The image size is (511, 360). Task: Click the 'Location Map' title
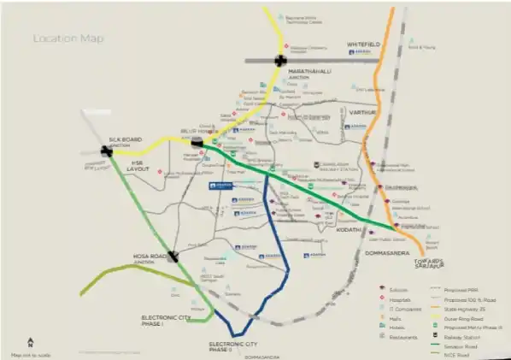(63, 38)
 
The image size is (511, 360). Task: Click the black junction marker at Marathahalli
(280, 60)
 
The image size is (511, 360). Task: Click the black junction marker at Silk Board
(106, 151)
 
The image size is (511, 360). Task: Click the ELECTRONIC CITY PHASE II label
(232, 345)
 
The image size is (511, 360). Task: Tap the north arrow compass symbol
(31, 341)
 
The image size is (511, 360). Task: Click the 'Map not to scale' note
(31, 352)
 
